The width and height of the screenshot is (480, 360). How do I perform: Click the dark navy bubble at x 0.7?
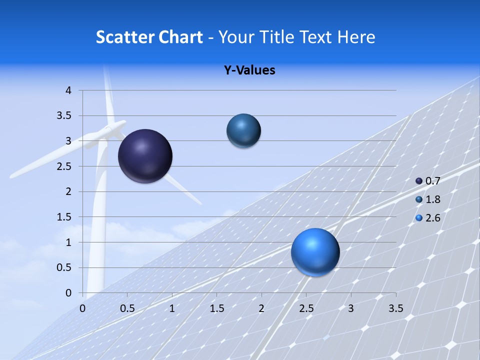pyautogui.click(x=145, y=156)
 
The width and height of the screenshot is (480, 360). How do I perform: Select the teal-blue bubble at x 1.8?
pyautogui.click(x=243, y=131)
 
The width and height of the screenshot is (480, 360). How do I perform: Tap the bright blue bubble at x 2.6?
pyautogui.click(x=315, y=252)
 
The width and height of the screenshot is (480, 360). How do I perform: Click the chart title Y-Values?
pyautogui.click(x=249, y=70)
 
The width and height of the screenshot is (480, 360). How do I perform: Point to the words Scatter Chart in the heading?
pyautogui.click(x=149, y=37)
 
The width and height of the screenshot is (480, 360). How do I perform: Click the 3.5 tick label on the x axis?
pyautogui.click(x=395, y=308)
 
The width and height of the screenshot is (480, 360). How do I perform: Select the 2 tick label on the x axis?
pyautogui.click(x=261, y=308)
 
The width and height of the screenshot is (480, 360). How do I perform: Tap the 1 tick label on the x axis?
pyautogui.click(x=172, y=308)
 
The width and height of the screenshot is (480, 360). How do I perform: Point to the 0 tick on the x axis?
pyautogui.click(x=83, y=308)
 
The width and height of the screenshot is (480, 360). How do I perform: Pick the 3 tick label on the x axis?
pyautogui.click(x=351, y=308)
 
